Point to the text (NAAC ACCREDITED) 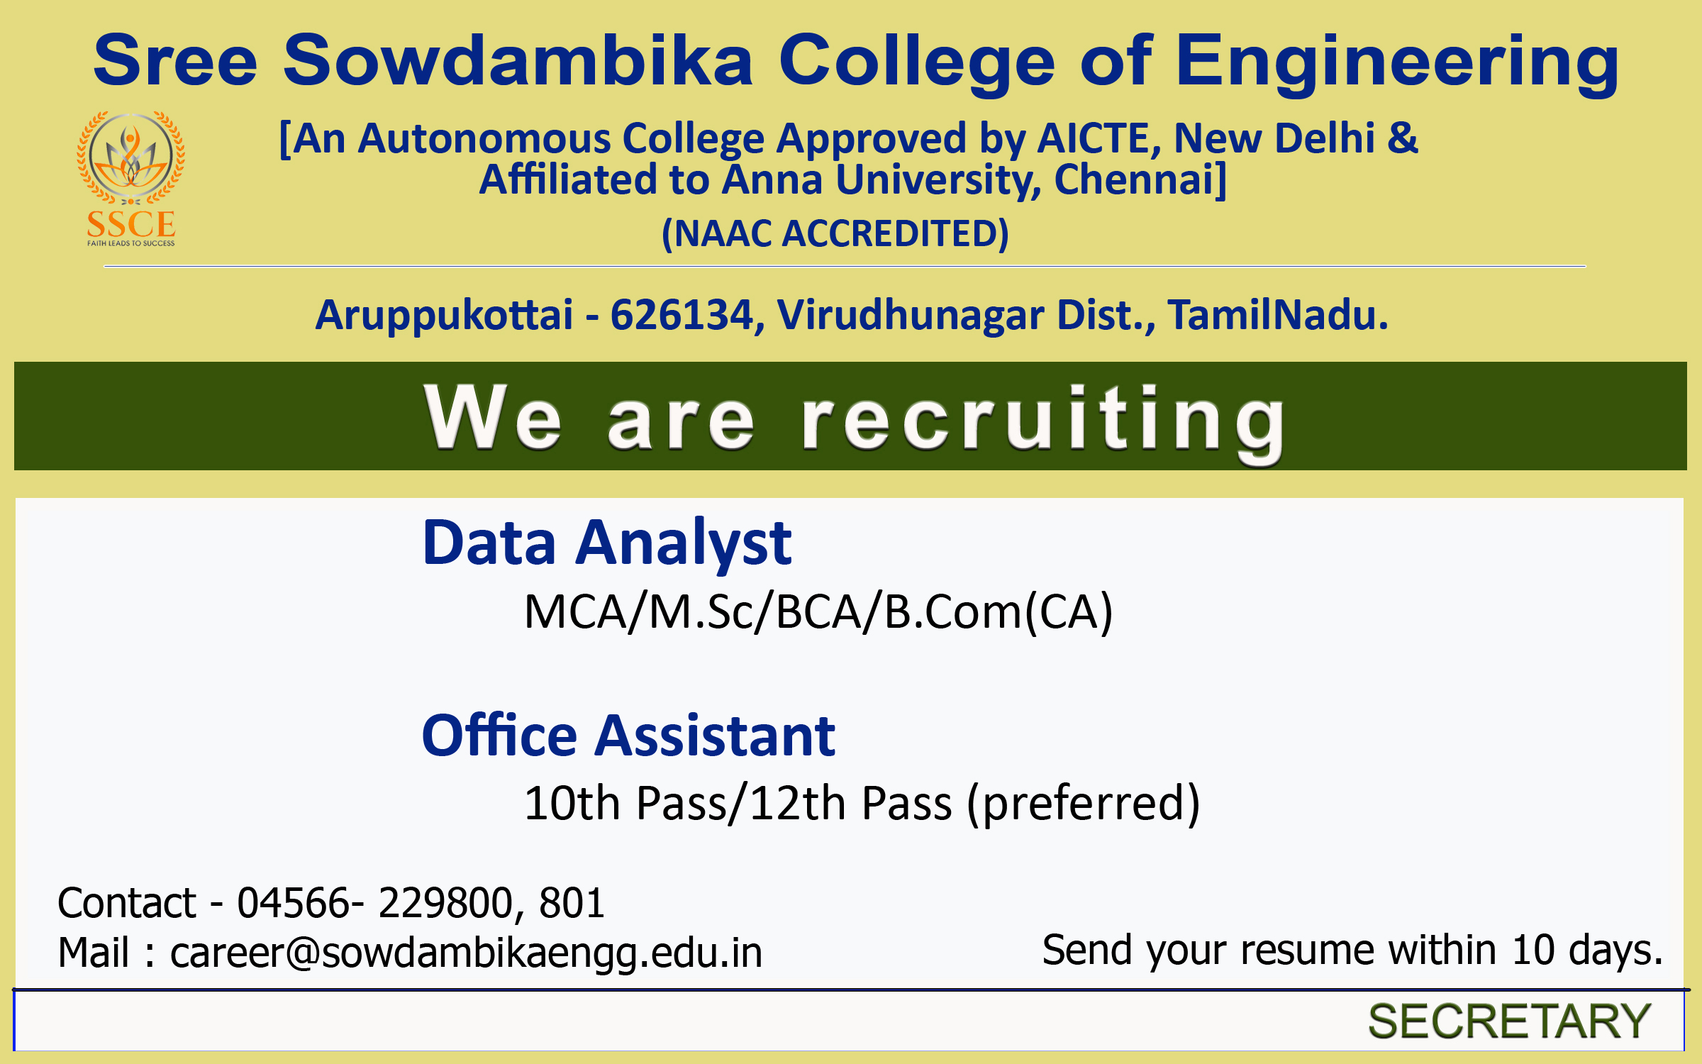[x=835, y=233]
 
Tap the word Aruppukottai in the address [x=444, y=316]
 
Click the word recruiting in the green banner [x=1044, y=423]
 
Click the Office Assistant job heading [x=628, y=736]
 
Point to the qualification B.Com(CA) [x=999, y=612]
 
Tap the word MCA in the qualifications [x=575, y=611]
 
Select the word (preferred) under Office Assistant [x=1084, y=804]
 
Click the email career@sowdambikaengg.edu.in [x=467, y=953]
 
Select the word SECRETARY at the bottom [x=1510, y=1021]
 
